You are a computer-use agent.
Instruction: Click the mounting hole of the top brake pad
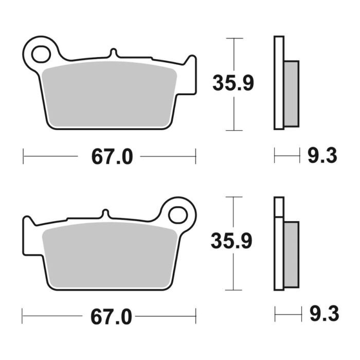pos(40,52)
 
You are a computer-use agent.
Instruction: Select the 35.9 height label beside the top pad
pos(233,83)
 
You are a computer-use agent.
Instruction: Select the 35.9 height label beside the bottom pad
pos(233,242)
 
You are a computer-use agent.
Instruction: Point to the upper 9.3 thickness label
pos(322,155)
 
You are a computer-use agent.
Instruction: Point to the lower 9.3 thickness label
pos(322,313)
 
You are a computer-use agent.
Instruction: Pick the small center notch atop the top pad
pos(113,53)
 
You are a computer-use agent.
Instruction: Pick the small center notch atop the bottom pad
pos(104,213)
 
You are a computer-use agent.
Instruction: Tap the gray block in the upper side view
pos(291,93)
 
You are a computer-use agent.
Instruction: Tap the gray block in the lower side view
pos(291,254)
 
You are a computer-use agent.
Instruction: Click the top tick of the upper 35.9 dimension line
pos(234,38)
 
